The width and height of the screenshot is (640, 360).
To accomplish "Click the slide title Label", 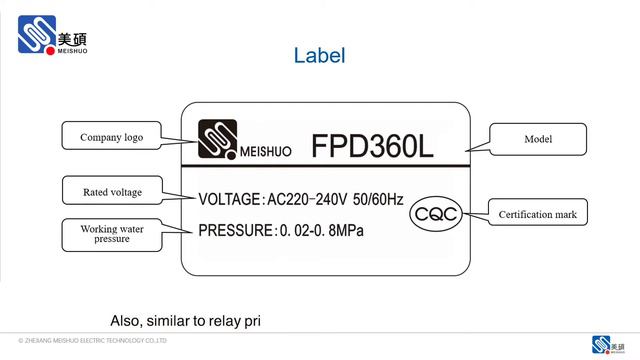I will (319, 56).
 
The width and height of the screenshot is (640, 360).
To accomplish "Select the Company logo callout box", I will (108, 137).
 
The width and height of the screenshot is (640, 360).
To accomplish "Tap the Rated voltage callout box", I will (111, 191).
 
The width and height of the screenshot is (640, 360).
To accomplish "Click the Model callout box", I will (537, 138).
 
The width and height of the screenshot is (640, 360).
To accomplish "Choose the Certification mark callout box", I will (537, 213).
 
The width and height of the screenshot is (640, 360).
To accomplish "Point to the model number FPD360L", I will (371, 145).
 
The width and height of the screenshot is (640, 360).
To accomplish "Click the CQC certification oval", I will (436, 214).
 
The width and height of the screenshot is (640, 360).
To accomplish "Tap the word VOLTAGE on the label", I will (228, 200).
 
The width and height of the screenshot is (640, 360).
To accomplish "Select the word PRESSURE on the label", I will (235, 231).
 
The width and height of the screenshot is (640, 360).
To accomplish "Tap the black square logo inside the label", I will (215, 140).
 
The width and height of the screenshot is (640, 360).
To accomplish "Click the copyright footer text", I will (86, 342).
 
